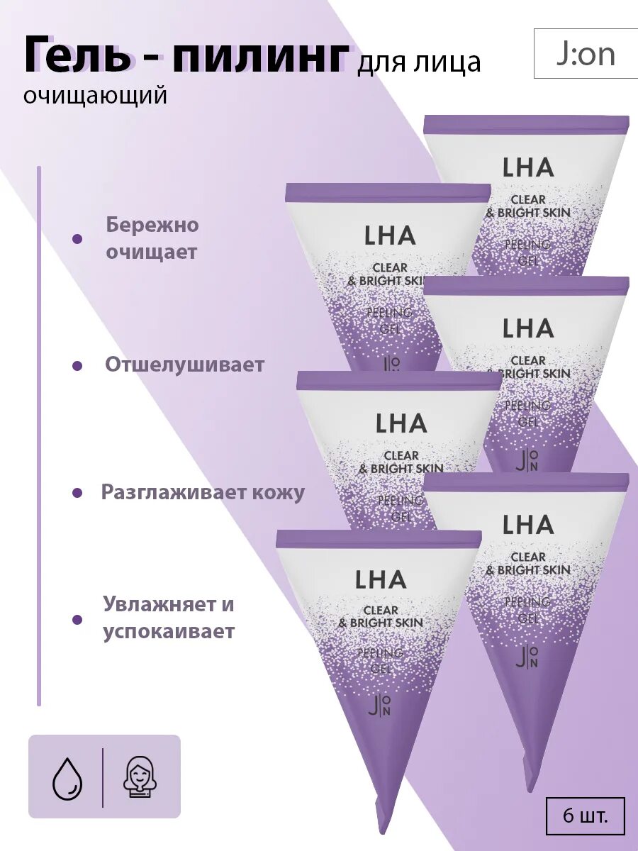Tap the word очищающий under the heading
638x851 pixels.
[x=95, y=95]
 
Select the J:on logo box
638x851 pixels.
[x=586, y=54]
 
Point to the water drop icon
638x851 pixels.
[x=67, y=777]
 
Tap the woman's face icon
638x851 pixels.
[x=140, y=777]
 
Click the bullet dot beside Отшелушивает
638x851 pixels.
[x=78, y=366]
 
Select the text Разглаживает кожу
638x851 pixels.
[x=203, y=492]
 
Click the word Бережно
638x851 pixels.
[x=152, y=225]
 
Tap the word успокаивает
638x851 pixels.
[x=169, y=631]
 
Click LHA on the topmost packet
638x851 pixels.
[x=527, y=167]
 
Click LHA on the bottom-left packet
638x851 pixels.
[x=381, y=579]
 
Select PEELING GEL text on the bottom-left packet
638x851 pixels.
[x=381, y=660]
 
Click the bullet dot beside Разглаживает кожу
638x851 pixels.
[x=77, y=492]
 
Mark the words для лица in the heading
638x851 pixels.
[x=419, y=63]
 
